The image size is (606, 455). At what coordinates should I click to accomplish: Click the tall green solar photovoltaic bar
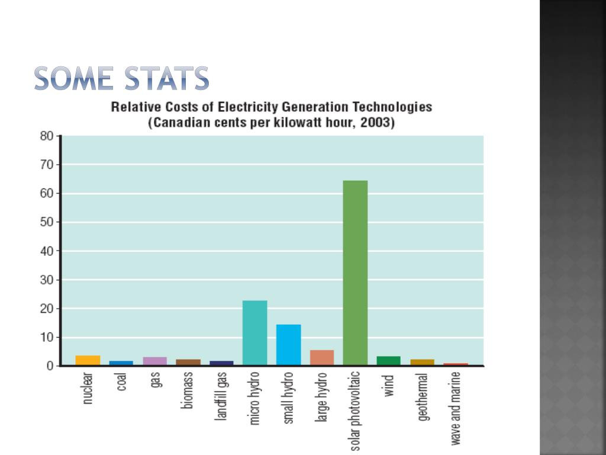coord(355,273)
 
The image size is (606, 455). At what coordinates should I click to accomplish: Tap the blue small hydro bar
coord(289,344)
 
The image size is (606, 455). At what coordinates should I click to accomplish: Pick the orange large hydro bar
coord(322,357)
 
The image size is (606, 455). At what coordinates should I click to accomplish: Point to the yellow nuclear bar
coord(88,360)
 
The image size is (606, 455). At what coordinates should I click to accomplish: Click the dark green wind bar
coord(388,360)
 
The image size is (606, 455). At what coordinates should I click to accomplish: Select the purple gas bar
coord(155,361)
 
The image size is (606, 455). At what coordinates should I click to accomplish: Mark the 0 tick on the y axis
coord(51,366)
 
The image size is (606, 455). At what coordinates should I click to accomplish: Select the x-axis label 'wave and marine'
coord(456,409)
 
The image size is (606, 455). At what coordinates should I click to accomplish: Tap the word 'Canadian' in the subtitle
coord(180,124)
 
